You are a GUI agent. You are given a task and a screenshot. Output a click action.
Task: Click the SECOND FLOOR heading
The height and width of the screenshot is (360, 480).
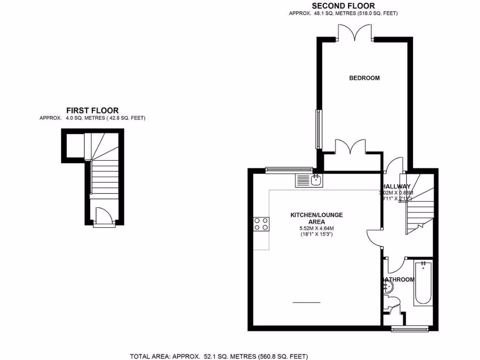tap(343, 6)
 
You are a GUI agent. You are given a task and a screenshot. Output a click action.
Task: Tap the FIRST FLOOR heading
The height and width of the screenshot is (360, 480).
tap(92, 111)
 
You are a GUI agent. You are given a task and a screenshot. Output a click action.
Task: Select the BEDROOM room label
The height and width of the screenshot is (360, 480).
tap(364, 78)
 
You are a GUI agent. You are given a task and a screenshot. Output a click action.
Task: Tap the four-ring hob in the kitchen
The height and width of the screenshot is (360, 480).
tap(262, 225)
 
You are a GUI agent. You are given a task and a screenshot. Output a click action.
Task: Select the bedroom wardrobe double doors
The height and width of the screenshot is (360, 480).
tap(352, 147)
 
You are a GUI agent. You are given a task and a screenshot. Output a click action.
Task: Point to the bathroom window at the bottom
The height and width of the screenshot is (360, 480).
tap(406, 329)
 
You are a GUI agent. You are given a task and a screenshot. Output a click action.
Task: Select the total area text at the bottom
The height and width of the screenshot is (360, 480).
tap(219, 356)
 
